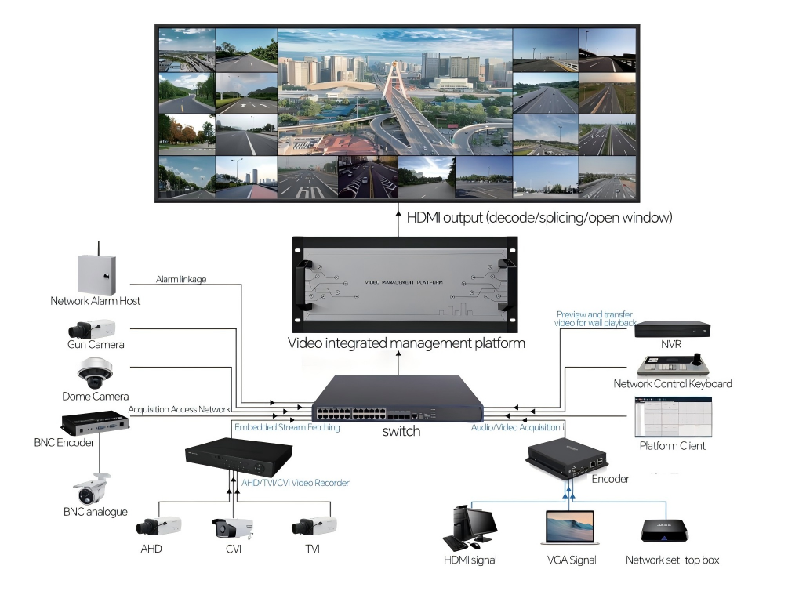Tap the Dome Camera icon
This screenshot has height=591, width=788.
click(96, 373)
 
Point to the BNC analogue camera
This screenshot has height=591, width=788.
click(92, 490)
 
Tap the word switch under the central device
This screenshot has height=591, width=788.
click(401, 431)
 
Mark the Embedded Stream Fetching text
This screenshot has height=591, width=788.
click(287, 427)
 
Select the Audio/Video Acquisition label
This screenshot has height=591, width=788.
click(515, 427)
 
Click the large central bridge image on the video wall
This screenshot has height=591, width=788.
click(394, 92)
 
